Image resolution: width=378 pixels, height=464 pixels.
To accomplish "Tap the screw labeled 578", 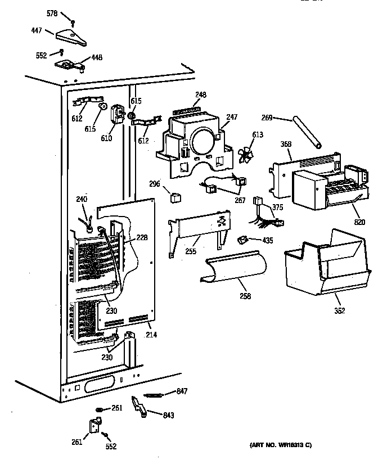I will [73, 22].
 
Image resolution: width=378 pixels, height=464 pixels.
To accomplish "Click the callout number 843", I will [168, 416].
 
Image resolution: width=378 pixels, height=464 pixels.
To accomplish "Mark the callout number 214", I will [151, 335].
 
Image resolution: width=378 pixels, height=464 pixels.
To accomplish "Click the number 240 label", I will [82, 199].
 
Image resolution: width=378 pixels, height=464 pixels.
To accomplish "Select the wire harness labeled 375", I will [265, 217].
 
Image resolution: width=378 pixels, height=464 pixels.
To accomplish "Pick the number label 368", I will [286, 145].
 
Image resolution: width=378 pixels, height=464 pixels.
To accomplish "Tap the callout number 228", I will [142, 237].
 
